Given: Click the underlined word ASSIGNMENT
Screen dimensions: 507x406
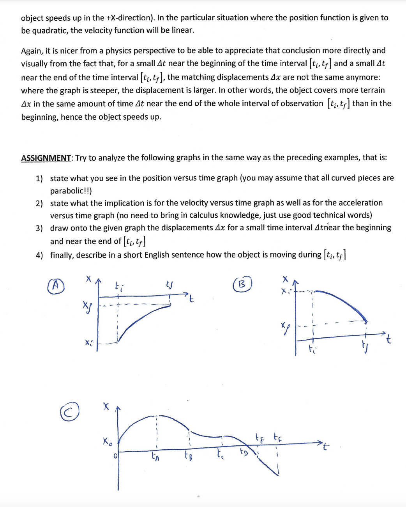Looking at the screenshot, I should [x=46, y=158].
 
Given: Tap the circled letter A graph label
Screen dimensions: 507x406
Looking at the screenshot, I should [x=56, y=285].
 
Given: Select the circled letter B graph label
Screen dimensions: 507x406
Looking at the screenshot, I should [x=242, y=284].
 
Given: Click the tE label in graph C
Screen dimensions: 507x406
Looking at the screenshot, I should [x=259, y=438].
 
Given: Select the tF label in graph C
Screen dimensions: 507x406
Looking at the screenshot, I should [x=278, y=437].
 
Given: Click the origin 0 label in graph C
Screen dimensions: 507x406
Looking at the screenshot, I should [x=115, y=456].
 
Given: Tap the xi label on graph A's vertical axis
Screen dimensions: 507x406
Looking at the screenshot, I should [x=89, y=343].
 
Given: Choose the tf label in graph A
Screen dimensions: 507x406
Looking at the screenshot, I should [x=169, y=287].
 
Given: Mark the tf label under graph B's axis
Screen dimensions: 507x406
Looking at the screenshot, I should [x=365, y=346].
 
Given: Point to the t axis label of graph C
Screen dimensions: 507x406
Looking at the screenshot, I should [x=326, y=447].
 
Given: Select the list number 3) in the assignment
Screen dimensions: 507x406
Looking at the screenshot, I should [x=39, y=228].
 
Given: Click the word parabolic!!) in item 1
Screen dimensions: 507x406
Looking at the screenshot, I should [x=71, y=191].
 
